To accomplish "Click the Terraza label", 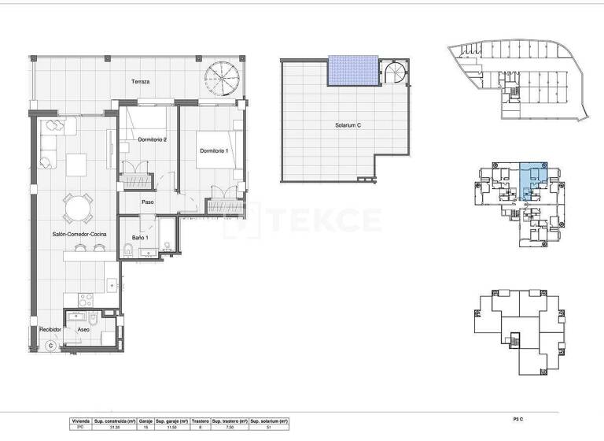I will point(141,82).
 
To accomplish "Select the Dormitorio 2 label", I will point(152,140).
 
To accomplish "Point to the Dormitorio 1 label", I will point(214,151).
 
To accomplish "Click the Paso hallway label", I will point(147,202).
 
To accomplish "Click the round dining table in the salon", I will point(77,209).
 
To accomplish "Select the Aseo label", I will point(83,329).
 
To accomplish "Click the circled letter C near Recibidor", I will point(50,344).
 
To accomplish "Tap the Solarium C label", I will point(347,124).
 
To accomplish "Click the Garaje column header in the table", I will point(145,421).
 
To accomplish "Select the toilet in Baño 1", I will point(127,251).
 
